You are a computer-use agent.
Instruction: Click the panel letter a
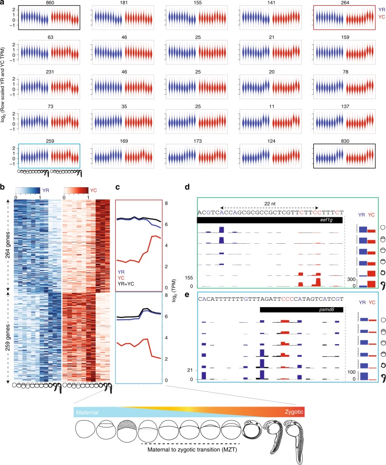(x=3, y=3)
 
